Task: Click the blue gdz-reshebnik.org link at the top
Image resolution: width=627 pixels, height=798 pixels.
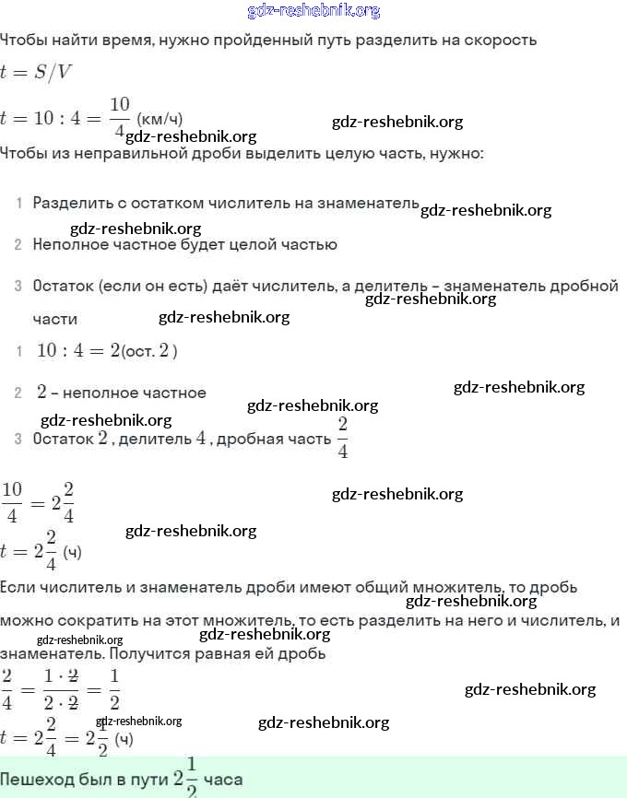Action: click(x=313, y=11)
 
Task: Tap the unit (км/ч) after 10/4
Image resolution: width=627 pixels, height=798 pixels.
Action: click(x=160, y=119)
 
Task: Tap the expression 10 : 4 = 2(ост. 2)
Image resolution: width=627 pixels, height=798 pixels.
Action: click(x=106, y=350)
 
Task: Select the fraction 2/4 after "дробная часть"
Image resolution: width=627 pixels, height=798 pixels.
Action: click(x=342, y=438)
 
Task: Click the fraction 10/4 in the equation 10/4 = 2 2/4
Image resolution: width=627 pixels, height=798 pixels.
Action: click(x=12, y=503)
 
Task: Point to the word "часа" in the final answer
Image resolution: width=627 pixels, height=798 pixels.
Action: click(x=223, y=780)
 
